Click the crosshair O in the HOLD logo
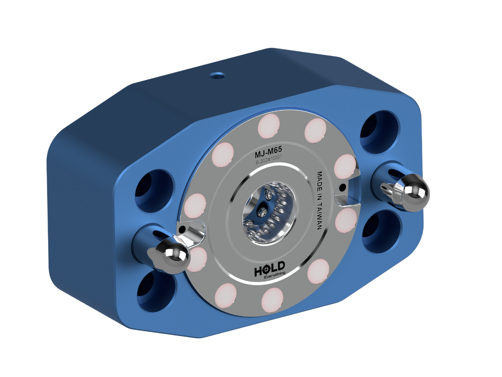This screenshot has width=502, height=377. coord(265,271)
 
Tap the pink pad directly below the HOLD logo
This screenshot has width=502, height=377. coord(273,299)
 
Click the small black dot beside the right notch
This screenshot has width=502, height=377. coord(342,187)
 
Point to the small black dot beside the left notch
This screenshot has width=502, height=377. coord(181,228)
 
